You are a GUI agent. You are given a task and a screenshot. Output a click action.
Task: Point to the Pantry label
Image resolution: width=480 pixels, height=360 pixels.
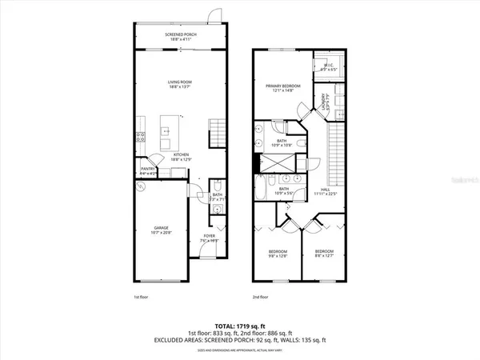(148, 170)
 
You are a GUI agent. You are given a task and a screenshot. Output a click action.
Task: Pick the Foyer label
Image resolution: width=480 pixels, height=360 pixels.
(210, 239)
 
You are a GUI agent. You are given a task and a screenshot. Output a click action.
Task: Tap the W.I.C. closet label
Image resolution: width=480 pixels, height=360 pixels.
(327, 67)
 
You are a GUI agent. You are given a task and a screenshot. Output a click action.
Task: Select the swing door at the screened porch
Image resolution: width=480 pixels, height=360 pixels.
(215, 16)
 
